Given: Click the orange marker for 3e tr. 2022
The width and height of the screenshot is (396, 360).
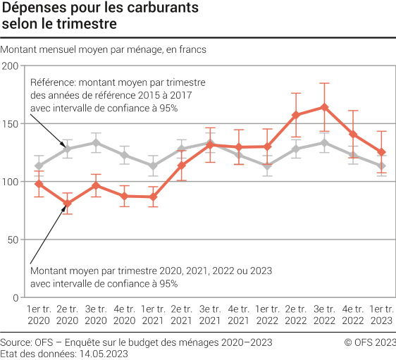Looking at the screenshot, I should [x=324, y=107].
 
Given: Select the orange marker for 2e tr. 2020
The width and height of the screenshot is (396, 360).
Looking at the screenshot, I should [x=67, y=204].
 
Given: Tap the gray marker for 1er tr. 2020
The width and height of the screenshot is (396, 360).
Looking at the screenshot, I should [x=39, y=166].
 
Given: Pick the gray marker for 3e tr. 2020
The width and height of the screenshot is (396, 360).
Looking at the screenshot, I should [x=96, y=142].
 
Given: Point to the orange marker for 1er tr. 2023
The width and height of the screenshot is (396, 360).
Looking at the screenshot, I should [x=381, y=152].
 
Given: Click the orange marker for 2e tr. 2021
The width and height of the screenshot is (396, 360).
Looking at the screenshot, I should [x=181, y=166].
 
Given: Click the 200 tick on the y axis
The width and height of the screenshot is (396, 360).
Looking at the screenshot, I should [x=10, y=66].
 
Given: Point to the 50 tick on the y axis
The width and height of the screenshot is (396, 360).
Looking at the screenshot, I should [x=13, y=240].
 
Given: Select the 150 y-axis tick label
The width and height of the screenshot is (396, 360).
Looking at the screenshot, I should [x=10, y=123].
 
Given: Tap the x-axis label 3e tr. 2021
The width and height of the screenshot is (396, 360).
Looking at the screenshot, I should [x=210, y=316].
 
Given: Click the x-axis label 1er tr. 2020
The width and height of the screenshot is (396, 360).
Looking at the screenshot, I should [x=39, y=316].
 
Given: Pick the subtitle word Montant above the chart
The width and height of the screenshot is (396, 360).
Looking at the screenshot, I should [x=20, y=49].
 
